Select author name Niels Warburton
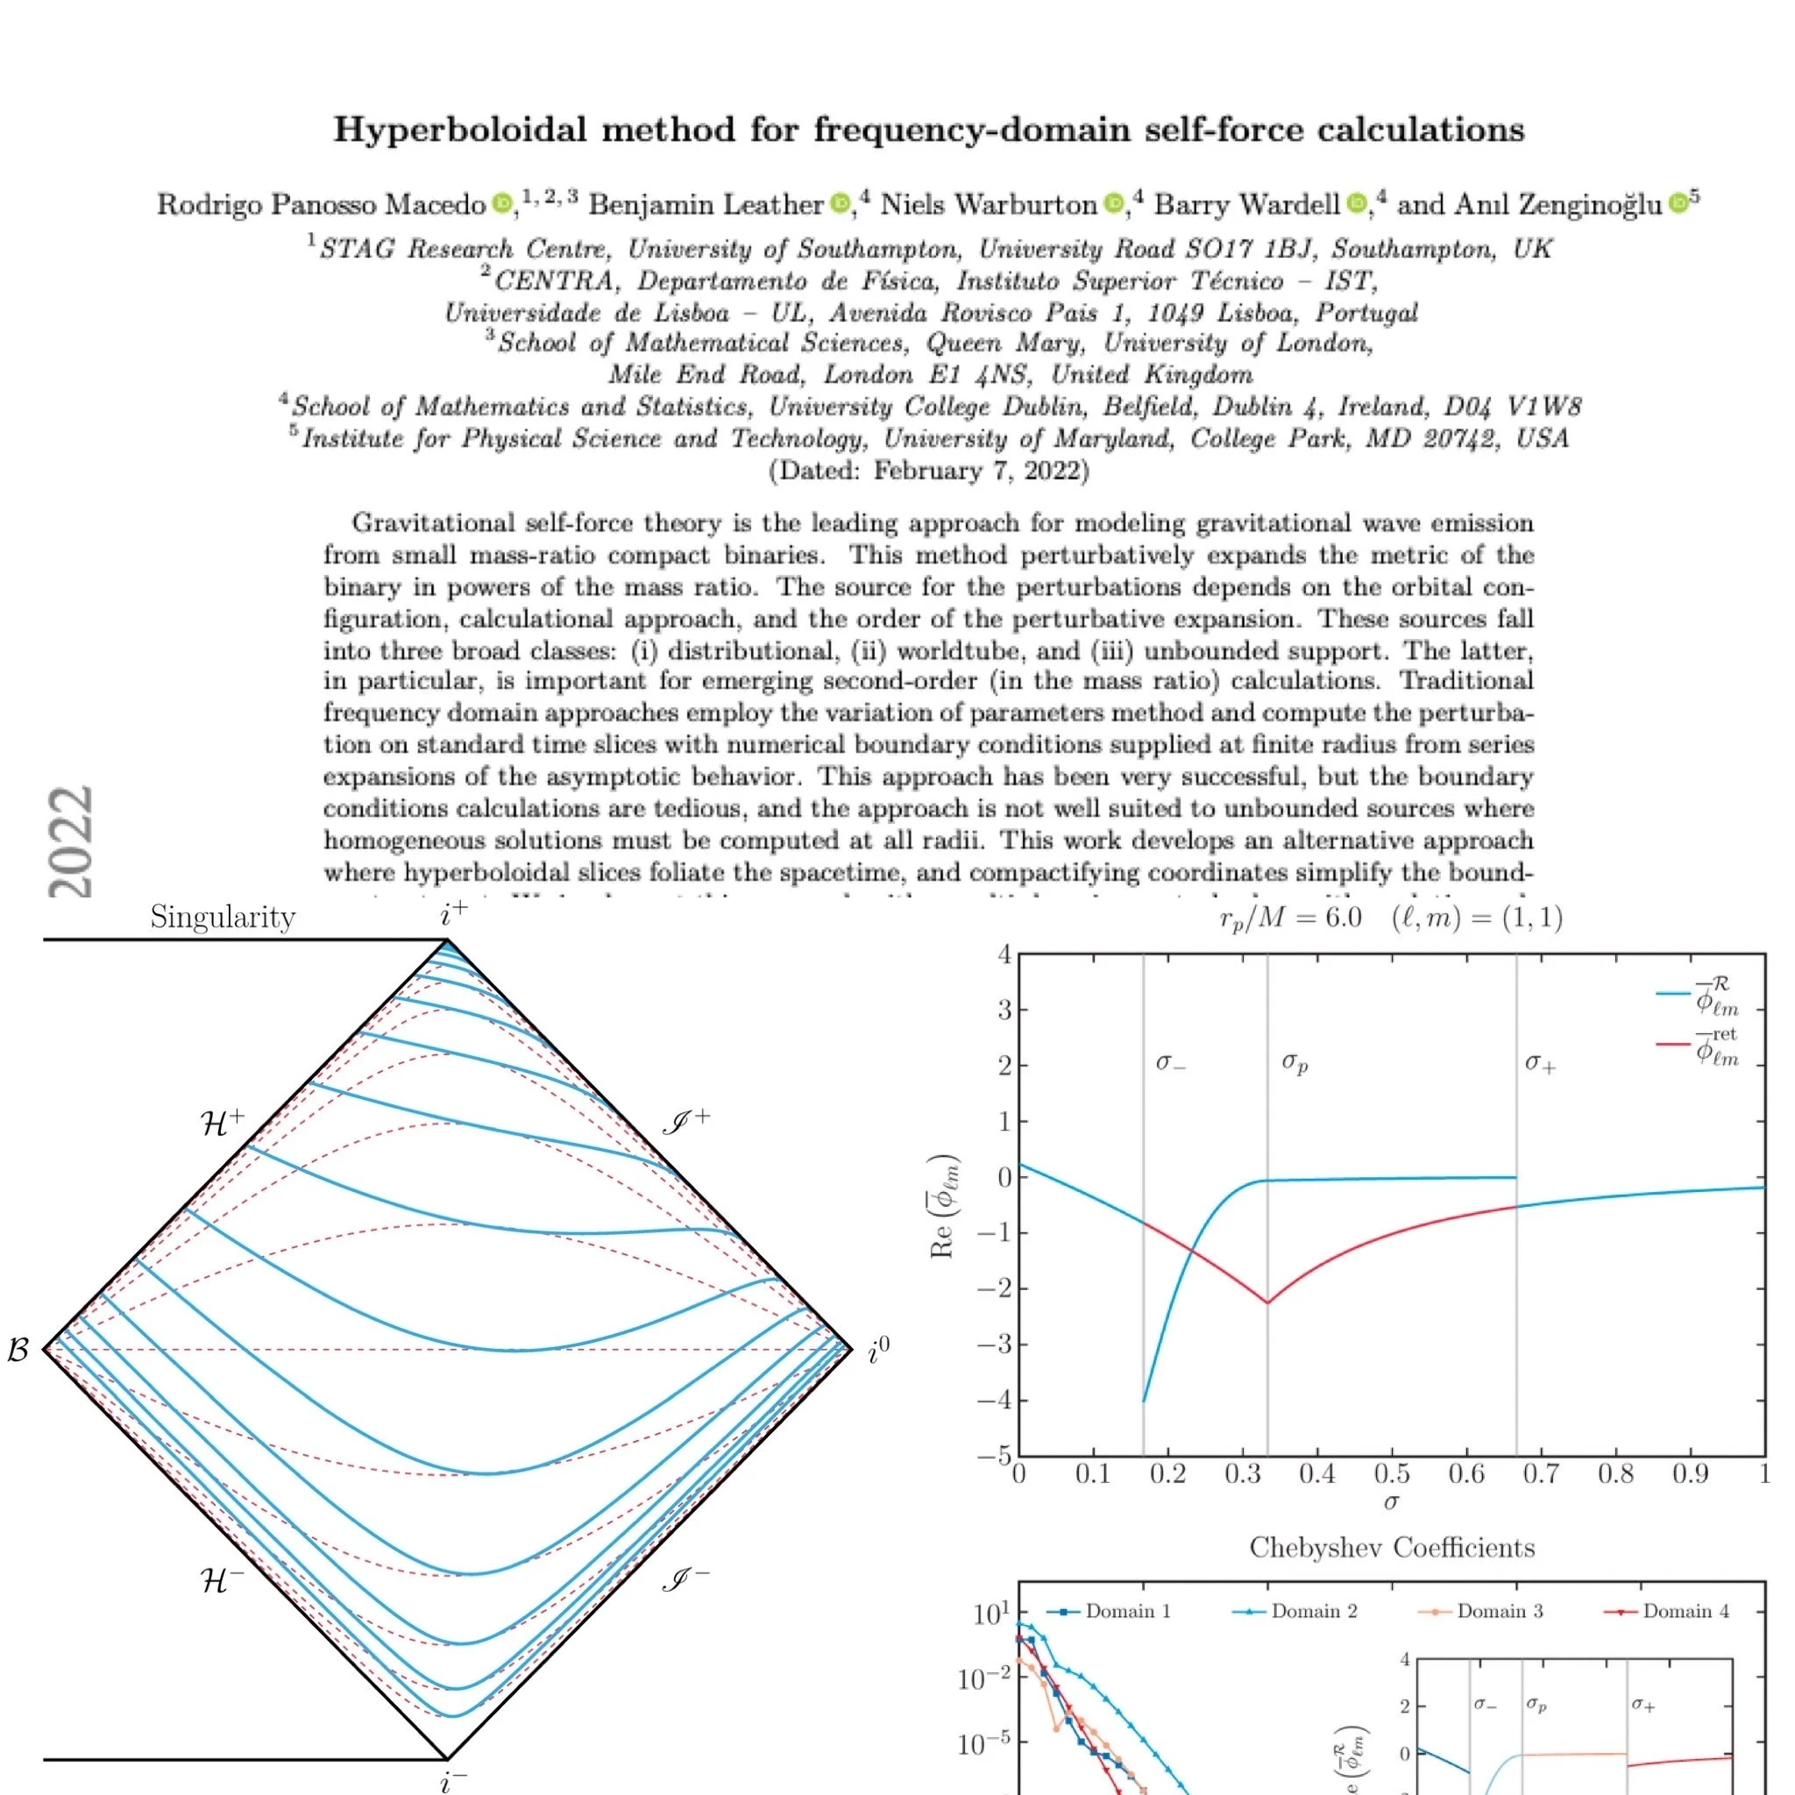pyautogui.click(x=988, y=203)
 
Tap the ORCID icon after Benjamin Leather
pyautogui.click(x=839, y=202)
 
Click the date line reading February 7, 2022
pyautogui.click(x=928, y=470)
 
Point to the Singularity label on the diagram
pyautogui.click(x=222, y=918)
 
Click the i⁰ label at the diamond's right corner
pyautogui.click(x=878, y=1351)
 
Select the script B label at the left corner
pyautogui.click(x=18, y=1350)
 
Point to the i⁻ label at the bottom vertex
pyautogui.click(x=452, y=1780)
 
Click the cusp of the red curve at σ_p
pyautogui.click(x=1267, y=1302)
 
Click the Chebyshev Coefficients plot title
pyautogui.click(x=1392, y=1548)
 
